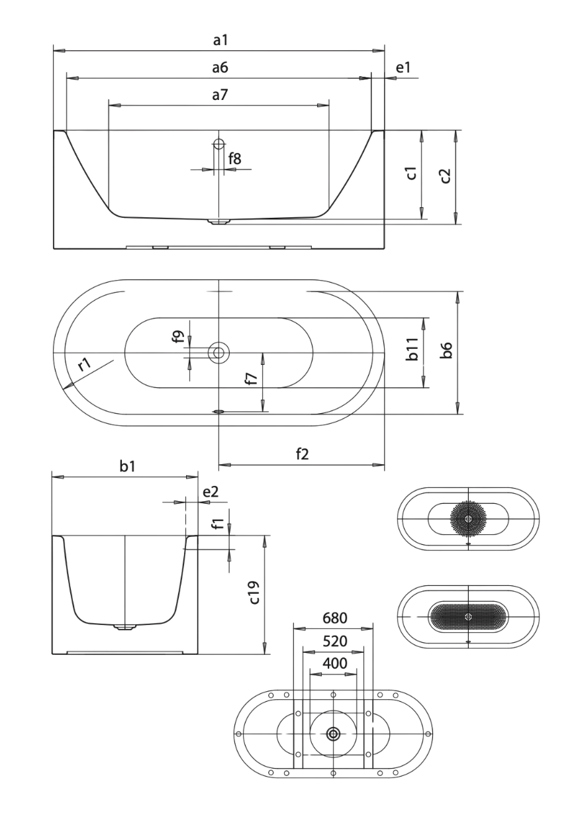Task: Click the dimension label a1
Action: pyautogui.click(x=220, y=40)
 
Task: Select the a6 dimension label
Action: pyautogui.click(x=220, y=68)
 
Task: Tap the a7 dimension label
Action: pyautogui.click(x=220, y=95)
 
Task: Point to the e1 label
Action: pyautogui.click(x=403, y=68)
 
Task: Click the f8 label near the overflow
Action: pyautogui.click(x=234, y=159)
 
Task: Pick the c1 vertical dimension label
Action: pyautogui.click(x=412, y=173)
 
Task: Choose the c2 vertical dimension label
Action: pyautogui.click(x=445, y=176)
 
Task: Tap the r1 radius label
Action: pyautogui.click(x=84, y=365)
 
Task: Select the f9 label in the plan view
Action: pyautogui.click(x=178, y=336)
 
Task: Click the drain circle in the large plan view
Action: pyautogui.click(x=218, y=353)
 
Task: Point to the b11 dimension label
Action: pyautogui.click(x=412, y=349)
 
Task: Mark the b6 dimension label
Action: pyautogui.click(x=447, y=350)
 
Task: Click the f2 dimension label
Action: pyautogui.click(x=303, y=454)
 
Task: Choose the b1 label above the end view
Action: pyautogui.click(x=128, y=466)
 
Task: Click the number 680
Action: pyautogui.click(x=335, y=618)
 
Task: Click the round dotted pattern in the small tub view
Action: pyautogui.click(x=468, y=518)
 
